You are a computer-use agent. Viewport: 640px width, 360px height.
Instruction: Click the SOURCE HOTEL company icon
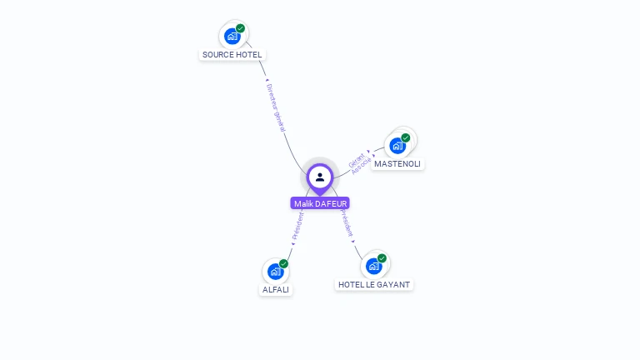pyautogui.click(x=232, y=36)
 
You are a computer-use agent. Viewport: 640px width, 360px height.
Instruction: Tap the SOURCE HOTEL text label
pyautogui.click(x=232, y=55)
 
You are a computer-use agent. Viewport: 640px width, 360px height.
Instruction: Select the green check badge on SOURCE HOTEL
pyautogui.click(x=241, y=28)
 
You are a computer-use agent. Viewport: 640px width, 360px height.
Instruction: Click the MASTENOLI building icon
pyautogui.click(x=397, y=145)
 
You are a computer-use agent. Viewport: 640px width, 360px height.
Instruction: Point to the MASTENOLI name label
pyautogui.click(x=397, y=164)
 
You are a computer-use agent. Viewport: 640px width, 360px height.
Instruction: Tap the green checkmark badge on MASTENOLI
pyautogui.click(x=406, y=137)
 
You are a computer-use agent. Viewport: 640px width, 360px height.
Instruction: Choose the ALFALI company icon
pyautogui.click(x=275, y=271)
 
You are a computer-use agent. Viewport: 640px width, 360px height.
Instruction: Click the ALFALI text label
pyautogui.click(x=276, y=290)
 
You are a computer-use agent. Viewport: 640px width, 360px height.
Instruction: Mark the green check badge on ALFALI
pyautogui.click(x=284, y=263)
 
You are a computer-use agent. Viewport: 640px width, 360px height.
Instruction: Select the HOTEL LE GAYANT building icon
pyautogui.click(x=374, y=266)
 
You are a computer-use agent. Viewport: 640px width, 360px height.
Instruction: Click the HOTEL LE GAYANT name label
pyautogui.click(x=374, y=285)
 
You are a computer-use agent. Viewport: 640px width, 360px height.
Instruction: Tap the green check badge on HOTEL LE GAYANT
pyautogui.click(x=382, y=258)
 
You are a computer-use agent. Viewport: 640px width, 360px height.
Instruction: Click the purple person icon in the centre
pyautogui.click(x=320, y=177)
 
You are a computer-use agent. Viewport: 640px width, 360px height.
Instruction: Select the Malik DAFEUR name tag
pyautogui.click(x=321, y=203)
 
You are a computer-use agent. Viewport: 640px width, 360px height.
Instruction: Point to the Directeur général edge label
pyautogui.click(x=276, y=107)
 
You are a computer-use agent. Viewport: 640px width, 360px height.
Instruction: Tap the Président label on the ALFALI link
pyautogui.click(x=297, y=226)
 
